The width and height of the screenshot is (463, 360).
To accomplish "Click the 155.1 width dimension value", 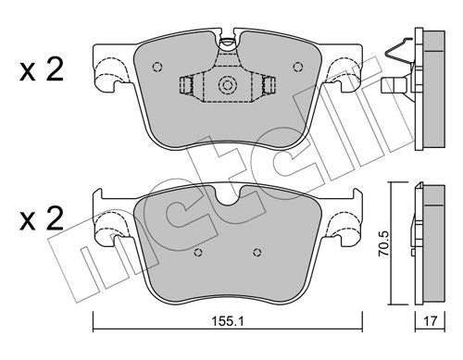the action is [228, 322].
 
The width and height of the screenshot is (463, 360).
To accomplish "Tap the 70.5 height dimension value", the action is [385, 243].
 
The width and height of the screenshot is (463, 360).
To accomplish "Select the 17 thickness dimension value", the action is [430, 321].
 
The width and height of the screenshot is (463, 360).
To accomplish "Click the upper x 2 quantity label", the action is [42, 69].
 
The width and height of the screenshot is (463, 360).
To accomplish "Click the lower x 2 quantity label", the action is [42, 218].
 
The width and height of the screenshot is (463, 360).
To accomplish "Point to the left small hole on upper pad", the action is [157, 67].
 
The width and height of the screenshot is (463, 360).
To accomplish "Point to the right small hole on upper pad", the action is [298, 67].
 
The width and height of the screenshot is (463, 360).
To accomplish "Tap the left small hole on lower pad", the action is [198, 253].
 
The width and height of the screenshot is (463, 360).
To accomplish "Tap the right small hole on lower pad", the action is [257, 253].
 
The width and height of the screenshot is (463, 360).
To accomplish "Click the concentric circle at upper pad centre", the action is [228, 84].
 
